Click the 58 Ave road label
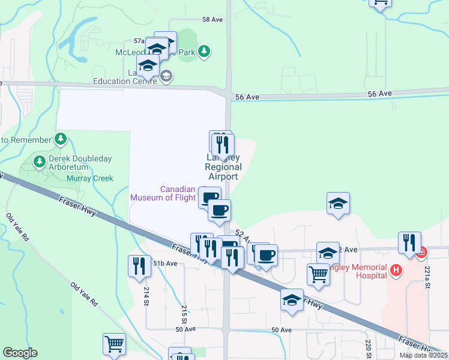pos(212,20)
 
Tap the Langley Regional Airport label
pos(223,167)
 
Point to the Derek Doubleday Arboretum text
pos(71,163)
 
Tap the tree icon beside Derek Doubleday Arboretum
pos(40,161)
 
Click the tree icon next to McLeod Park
pos(205,52)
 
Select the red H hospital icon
pos(395,271)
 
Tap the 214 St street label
pos(146,295)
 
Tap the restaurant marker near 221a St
pos(409,243)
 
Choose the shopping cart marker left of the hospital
pos(318,275)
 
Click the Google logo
pos(20,353)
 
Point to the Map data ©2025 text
pos(423,355)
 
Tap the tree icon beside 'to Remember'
pos(60,139)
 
